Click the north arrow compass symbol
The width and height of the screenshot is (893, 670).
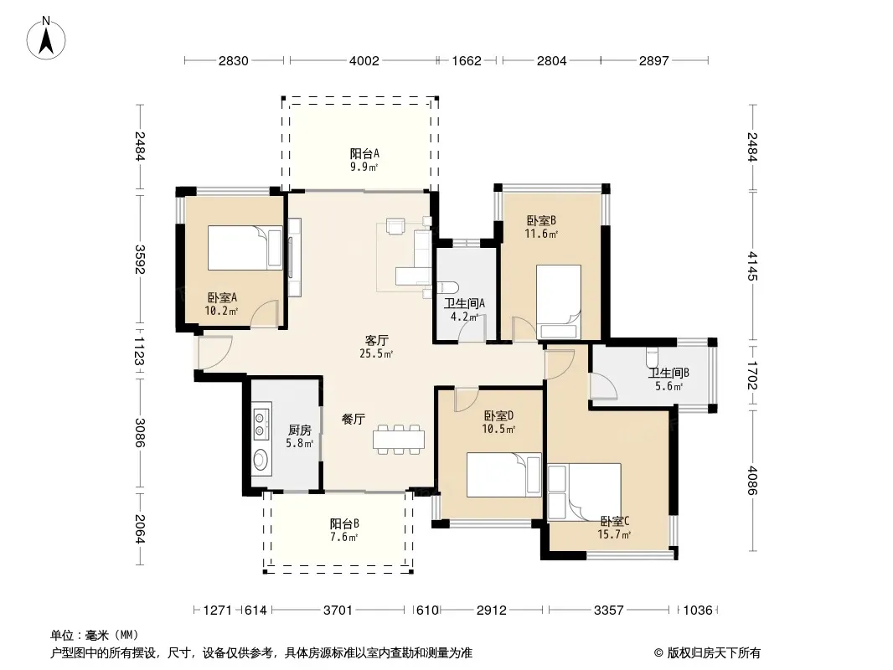point(46,39)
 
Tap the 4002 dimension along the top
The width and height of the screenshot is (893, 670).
point(364,60)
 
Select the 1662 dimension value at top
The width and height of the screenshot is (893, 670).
point(467,60)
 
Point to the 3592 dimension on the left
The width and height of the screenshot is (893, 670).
point(140,259)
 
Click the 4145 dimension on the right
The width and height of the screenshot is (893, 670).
point(752,265)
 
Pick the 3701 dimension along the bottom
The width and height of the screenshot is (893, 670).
point(338,611)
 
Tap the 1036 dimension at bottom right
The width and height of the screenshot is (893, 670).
point(698,611)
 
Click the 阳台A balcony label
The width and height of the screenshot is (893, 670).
point(364,154)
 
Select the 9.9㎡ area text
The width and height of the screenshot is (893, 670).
point(364,167)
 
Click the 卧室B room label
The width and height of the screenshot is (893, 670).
point(541,220)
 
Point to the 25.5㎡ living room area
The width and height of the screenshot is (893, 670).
point(376,353)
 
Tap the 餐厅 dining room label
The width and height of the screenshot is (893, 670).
point(354,419)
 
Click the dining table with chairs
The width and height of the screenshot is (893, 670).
point(399,440)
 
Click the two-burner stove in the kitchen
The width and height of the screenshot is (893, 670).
point(261,422)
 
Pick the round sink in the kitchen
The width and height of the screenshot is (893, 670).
point(261,460)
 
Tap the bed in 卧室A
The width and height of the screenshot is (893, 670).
point(245,248)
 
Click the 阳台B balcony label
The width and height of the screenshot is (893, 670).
point(344,523)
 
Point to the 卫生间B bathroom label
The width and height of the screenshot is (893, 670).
point(668,374)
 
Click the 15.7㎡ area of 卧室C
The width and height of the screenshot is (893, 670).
point(614,534)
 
